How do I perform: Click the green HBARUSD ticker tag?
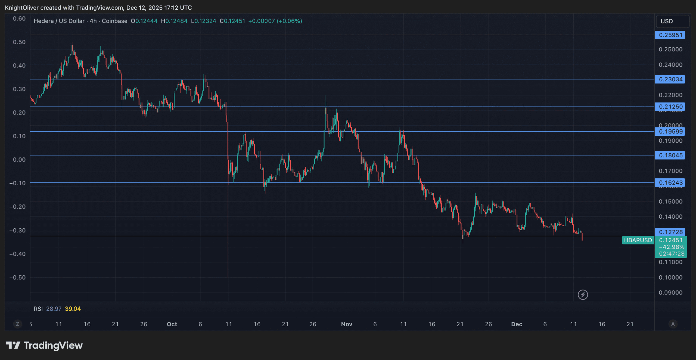[638, 240]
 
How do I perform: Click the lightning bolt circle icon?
[583, 295]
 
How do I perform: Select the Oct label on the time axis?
[172, 324]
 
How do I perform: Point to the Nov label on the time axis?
[347, 324]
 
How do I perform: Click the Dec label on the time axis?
[517, 324]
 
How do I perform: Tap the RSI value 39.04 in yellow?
[73, 309]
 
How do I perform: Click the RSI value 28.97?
[54, 309]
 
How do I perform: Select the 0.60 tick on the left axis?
[19, 19]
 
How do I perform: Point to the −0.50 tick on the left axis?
[18, 277]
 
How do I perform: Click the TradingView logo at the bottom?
[44, 345]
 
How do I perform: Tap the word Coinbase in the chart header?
[114, 21]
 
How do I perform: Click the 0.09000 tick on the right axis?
[670, 293]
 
